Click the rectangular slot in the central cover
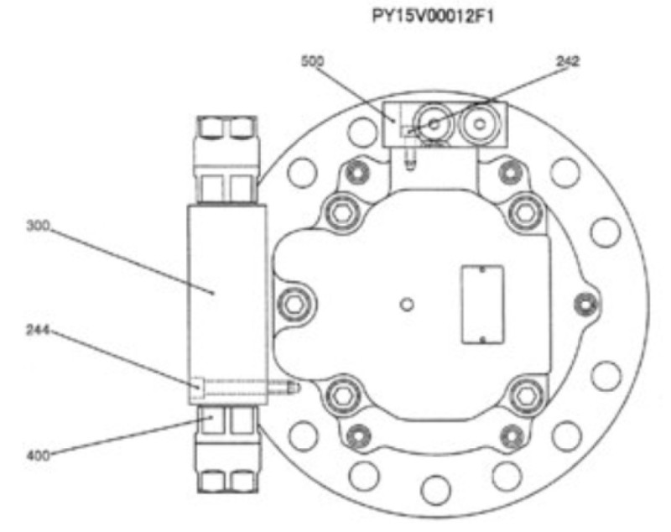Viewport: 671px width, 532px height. pos(481,305)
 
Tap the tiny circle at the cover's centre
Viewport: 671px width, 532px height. pos(407,304)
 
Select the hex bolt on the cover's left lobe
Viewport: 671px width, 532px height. pos(292,304)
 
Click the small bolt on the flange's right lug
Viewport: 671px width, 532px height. pos(579,303)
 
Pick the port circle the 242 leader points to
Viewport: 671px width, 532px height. pos(434,123)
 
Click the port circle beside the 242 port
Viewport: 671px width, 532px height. pos(479,123)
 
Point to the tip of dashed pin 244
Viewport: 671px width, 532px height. pos(293,387)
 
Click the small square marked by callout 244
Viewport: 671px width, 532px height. pos(195,387)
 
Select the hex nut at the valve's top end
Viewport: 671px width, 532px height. pos(224,128)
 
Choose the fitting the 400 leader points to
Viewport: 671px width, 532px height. pos(224,420)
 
